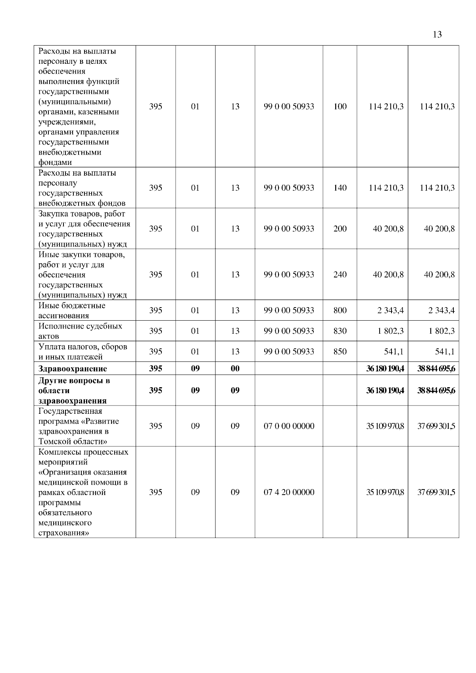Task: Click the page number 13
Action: pyautogui.click(x=437, y=34)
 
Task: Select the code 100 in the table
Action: pyautogui.click(x=340, y=106)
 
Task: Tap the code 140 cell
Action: pyautogui.click(x=340, y=188)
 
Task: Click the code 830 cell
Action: pyautogui.click(x=340, y=331)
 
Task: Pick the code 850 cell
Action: pyautogui.click(x=340, y=352)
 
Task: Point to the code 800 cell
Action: pyautogui.click(x=340, y=310)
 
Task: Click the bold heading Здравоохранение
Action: pyautogui.click(x=73, y=369)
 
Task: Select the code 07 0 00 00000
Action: pyautogui.click(x=289, y=426)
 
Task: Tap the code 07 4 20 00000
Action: pyautogui.click(x=289, y=492)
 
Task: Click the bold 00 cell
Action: pyautogui.click(x=235, y=369)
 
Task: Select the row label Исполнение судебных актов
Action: pyautogui.click(x=80, y=331)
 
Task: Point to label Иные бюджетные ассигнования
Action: pyautogui.click(x=72, y=310)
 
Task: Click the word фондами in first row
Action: pyautogui.click(x=55, y=162)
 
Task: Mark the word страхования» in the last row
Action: pyautogui.click(x=63, y=533)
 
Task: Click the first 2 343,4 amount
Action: pyautogui.click(x=390, y=310)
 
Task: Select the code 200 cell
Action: pyautogui.click(x=340, y=229)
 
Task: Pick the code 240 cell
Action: pyautogui.click(x=340, y=275)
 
